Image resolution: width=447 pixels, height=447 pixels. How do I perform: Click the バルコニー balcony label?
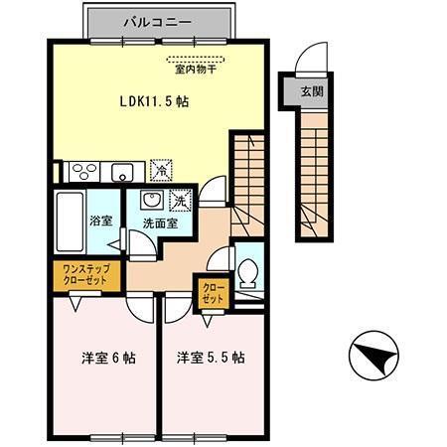pos(160,19)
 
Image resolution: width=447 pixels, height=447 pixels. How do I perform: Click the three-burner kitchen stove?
pos(80,170)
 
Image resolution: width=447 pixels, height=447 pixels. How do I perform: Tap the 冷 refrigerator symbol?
pos(159,170)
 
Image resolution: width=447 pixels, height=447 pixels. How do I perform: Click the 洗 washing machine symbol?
pos(180,199)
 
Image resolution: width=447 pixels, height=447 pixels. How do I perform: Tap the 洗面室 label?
pos(160,224)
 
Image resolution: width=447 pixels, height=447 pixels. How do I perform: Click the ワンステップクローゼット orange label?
pos(85,274)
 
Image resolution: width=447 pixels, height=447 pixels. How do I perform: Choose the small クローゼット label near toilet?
pos(213,292)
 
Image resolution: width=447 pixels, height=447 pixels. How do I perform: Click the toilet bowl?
pos(249,269)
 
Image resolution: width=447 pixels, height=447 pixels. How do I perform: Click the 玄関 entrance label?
pos(312,91)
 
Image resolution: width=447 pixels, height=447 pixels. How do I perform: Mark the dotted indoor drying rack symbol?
pos(191,58)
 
